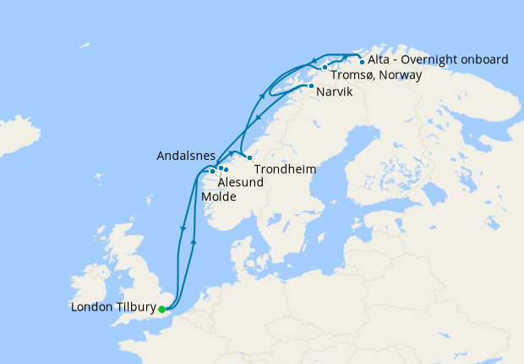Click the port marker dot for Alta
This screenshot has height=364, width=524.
coord(363,62)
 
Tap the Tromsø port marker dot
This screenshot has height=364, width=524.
coord(325,67)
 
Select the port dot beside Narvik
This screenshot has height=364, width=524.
coord(312,86)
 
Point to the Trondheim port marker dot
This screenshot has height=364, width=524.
coord(249,158)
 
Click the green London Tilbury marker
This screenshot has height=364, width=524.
coord(161,309)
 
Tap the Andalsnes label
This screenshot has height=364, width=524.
coord(185,156)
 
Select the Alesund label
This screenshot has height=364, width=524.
coord(241,182)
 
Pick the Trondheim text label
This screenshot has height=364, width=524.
coord(286,169)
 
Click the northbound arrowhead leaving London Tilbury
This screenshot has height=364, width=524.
coord(195,241)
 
